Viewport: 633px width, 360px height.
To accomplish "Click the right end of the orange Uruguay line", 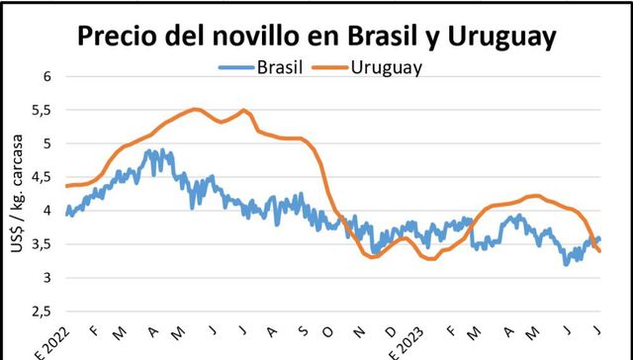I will (x=600, y=251).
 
